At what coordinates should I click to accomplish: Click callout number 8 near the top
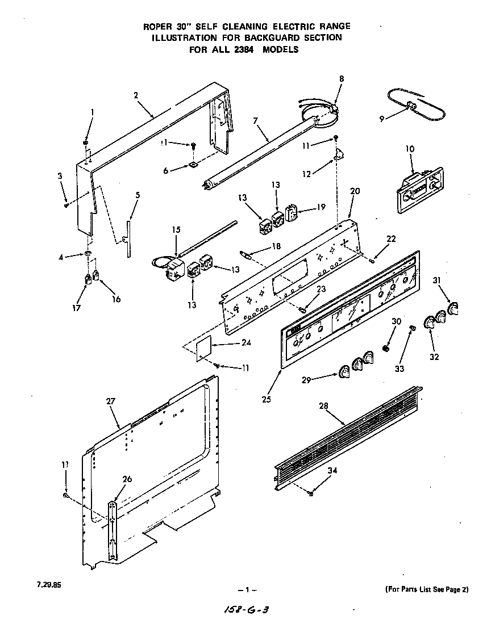point(341,78)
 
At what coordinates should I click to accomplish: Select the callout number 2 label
point(136,95)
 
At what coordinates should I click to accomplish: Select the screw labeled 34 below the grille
point(311,494)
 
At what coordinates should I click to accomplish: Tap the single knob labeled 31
point(453,309)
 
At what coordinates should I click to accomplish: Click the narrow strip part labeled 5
point(128,233)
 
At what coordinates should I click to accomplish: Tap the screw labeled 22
point(372,260)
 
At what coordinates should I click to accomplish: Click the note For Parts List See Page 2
point(426,589)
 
